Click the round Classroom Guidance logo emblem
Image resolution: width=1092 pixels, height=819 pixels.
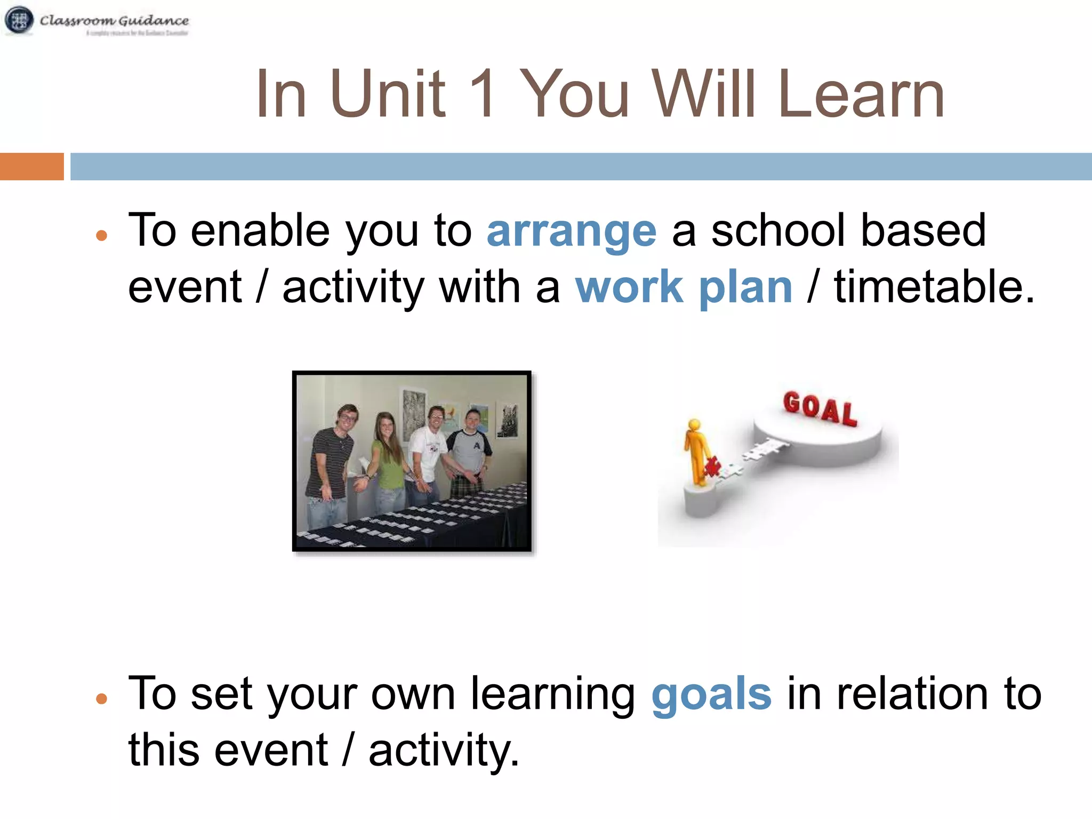tap(19, 20)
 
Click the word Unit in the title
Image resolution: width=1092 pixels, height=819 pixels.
tap(387, 94)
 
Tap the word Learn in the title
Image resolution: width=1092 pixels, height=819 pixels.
tap(861, 94)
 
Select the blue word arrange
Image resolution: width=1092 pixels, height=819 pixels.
tap(571, 231)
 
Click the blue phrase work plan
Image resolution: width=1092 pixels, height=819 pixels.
tap(684, 288)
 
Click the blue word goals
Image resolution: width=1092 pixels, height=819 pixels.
tap(711, 694)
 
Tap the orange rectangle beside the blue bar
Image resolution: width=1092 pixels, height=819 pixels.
tap(31, 166)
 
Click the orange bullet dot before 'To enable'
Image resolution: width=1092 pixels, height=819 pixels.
tap(102, 235)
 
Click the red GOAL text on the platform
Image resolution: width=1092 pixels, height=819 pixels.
tap(820, 408)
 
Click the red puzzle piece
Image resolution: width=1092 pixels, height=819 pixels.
tap(711, 467)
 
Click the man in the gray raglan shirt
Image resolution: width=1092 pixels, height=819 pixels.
tap(470, 448)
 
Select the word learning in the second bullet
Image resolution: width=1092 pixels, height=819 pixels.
tap(552, 694)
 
